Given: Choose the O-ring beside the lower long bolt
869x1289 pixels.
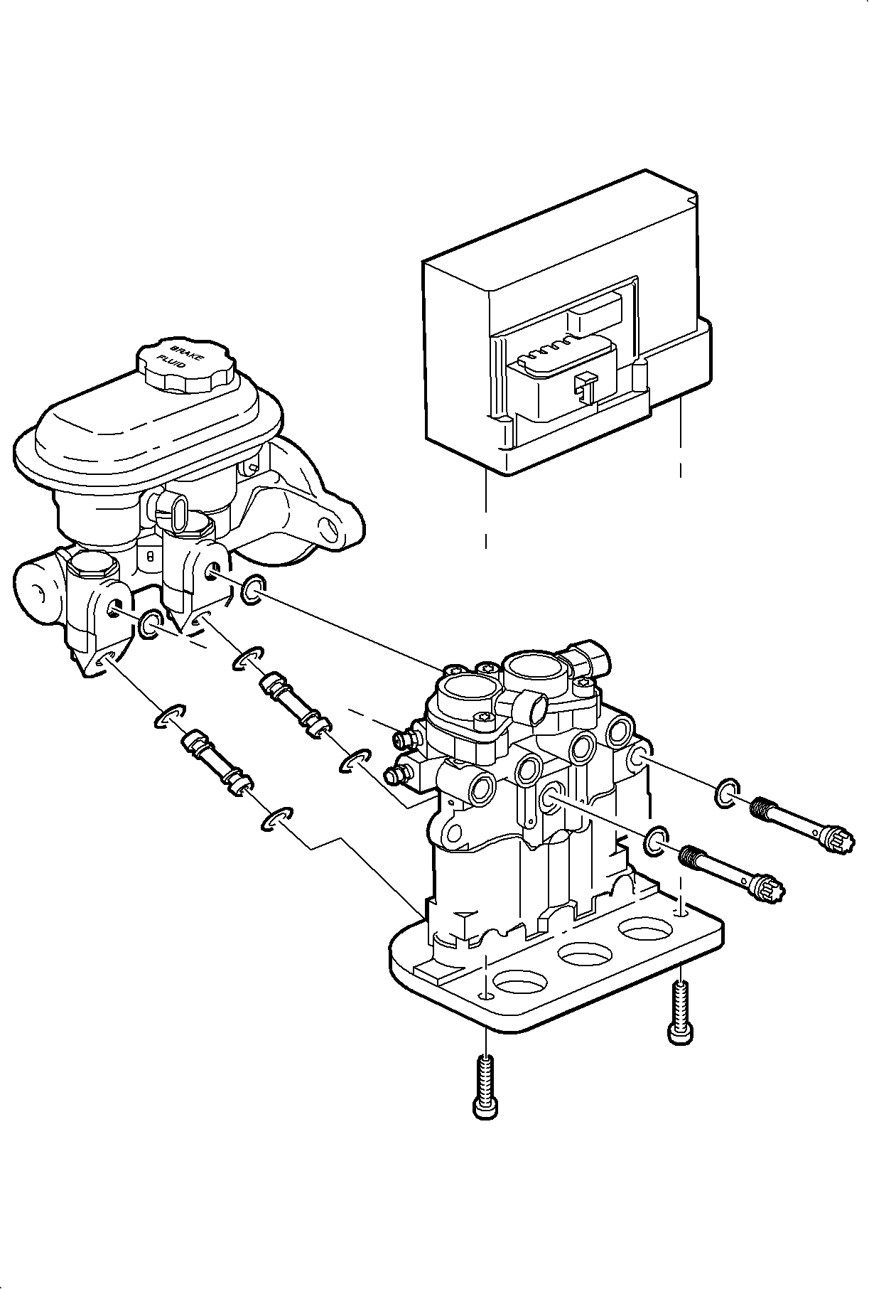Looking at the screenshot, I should pyautogui.click(x=656, y=840).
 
